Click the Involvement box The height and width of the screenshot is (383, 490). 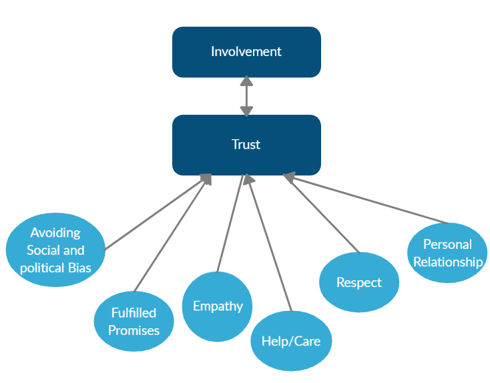(246, 52)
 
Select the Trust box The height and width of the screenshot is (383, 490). (246, 145)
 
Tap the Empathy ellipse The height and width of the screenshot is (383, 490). (217, 306)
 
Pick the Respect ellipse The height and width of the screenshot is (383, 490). (359, 282)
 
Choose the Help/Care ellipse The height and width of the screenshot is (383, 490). (291, 341)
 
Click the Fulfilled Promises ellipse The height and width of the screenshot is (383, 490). (134, 321)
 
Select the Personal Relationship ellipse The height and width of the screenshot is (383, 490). (447, 253)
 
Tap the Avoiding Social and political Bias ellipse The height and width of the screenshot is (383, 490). (55, 250)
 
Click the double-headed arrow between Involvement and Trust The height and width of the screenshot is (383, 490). (246, 96)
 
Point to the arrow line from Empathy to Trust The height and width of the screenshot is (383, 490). (230, 224)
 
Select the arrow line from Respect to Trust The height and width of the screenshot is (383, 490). (321, 213)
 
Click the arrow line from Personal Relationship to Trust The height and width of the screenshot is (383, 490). (366, 199)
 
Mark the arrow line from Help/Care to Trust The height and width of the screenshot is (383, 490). (268, 243)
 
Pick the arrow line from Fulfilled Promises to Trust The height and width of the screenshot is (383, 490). (173, 233)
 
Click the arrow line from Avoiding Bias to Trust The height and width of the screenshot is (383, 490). (158, 212)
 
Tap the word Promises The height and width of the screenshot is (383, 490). (134, 330)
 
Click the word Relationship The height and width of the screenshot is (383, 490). (448, 262)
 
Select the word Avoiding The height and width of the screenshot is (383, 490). (55, 233)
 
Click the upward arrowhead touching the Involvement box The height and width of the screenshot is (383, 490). (246, 81)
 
